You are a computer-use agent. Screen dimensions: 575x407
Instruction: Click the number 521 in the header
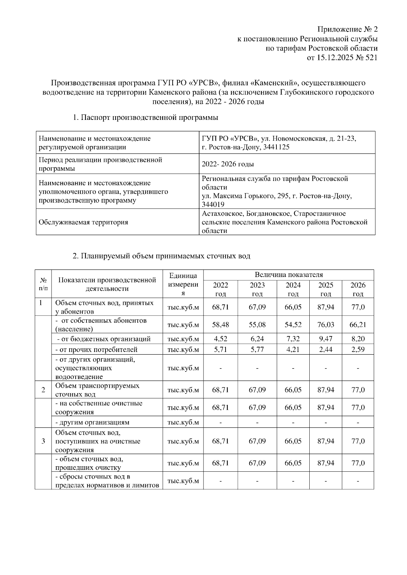pos(371,58)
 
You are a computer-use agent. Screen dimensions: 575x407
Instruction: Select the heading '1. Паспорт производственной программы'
pos(146,118)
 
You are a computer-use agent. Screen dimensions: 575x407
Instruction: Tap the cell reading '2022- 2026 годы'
pos(228,164)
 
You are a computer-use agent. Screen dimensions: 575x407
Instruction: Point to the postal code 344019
pos(213,205)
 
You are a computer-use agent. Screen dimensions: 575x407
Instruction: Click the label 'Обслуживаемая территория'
pos(83,222)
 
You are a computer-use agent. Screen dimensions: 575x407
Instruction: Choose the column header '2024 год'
pos(293,289)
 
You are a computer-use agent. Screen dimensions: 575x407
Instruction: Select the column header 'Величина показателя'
pos(289,275)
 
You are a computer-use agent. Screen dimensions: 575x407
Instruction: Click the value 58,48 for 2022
pos(220,325)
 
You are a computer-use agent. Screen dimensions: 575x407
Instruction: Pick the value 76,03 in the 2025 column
pos(326,325)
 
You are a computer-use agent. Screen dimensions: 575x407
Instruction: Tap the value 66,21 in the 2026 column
pos(358,325)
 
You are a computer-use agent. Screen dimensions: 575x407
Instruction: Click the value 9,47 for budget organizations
pos(326,339)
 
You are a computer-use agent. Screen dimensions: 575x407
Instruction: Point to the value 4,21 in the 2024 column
pos(293,349)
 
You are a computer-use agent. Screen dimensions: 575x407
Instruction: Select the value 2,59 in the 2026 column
pos(358,349)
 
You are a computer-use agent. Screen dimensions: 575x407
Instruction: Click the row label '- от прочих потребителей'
pos(96,349)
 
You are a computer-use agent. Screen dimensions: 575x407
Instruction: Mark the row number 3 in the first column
pos(43,441)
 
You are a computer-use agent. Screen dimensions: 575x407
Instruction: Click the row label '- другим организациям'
pos(92,422)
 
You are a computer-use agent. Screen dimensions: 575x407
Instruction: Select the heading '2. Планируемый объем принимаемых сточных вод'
pos(161,256)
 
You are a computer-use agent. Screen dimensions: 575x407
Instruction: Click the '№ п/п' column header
pos(43,284)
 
